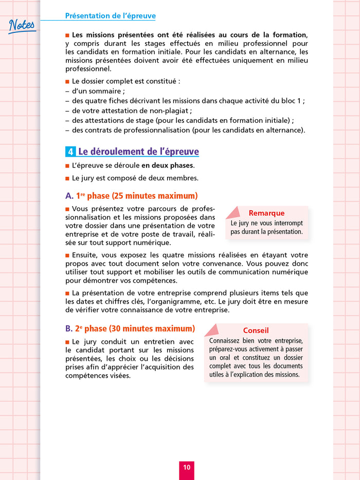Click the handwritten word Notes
22,25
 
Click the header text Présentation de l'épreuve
111,16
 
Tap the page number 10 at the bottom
186,467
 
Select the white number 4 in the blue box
70,152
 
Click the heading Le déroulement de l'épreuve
138,152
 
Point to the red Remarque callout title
266,213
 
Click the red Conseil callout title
256,330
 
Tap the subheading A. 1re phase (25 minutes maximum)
131,196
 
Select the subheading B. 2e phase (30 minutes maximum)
130,328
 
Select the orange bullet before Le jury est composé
67,178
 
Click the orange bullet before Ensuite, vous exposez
67,255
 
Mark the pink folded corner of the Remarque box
232,212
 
